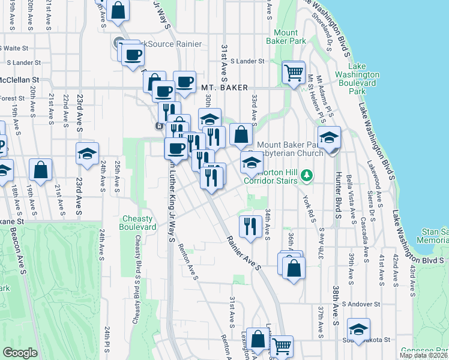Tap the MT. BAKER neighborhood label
[224, 88]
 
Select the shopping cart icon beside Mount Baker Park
[294, 74]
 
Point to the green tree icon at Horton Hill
[307, 175]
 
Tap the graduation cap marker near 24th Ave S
[88, 154]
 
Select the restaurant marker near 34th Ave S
[249, 226]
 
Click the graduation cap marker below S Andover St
[358, 329]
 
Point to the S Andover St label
[361, 304]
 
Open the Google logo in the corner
[20, 353]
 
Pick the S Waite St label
[16, 48]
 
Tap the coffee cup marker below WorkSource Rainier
[133, 55]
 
